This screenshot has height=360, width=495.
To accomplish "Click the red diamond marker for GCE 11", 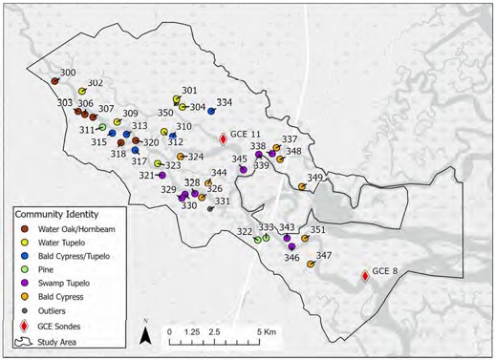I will pos(224,138).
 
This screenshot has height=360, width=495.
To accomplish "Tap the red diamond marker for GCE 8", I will pos(365,276).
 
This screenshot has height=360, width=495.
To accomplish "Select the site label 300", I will pos(68,73).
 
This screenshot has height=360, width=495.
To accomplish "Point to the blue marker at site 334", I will pos(211,112).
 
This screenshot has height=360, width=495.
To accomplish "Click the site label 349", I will pos(314,178).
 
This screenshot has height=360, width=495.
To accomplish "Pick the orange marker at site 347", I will pos(311,265).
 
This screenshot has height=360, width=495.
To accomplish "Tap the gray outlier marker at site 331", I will pos(210,208).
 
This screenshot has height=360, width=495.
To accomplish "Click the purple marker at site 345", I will pos(244,169).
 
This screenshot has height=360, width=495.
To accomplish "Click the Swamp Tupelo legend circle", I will pos(24,284).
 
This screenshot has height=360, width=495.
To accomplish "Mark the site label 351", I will pos(318,230).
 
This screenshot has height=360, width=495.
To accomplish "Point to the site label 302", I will pos(96,83).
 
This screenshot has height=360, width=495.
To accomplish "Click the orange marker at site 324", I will pos(181,157).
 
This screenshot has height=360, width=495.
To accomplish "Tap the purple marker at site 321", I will pos(162,176).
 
